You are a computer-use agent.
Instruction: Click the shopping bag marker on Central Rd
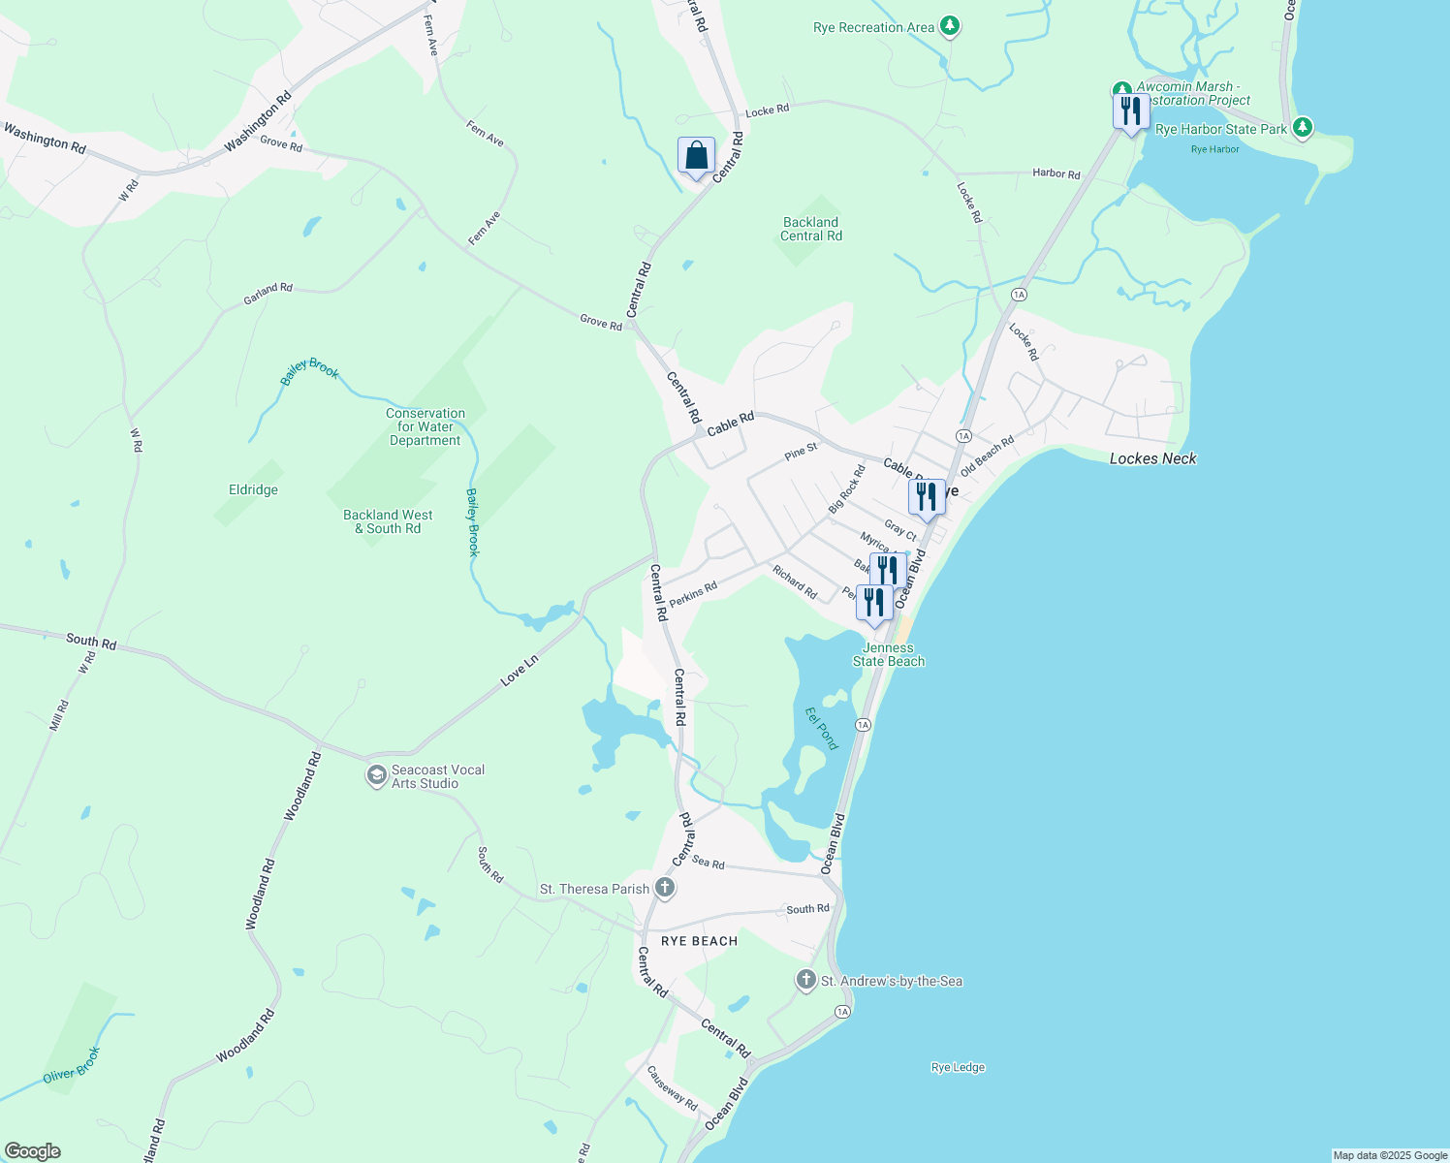pyautogui.click(x=696, y=156)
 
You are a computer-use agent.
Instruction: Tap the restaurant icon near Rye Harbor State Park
pyautogui.click(x=1130, y=111)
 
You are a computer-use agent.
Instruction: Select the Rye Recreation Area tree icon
pyautogui.click(x=951, y=26)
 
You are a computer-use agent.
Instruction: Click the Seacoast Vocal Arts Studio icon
pyautogui.click(x=376, y=776)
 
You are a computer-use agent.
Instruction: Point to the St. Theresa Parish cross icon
pyautogui.click(x=664, y=888)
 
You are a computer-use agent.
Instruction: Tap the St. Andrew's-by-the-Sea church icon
pyautogui.click(x=805, y=980)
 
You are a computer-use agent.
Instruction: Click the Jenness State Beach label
pyautogui.click(x=889, y=655)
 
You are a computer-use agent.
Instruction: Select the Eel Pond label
pyautogui.click(x=822, y=728)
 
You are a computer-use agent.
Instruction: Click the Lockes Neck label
pyautogui.click(x=1152, y=458)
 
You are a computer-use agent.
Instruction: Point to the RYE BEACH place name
pyautogui.click(x=699, y=941)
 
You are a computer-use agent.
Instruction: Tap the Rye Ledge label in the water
pyautogui.click(x=958, y=1067)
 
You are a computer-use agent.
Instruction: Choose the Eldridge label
pyautogui.click(x=253, y=489)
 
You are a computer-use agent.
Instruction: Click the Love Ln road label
pyautogui.click(x=520, y=671)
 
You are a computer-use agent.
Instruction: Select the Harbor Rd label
pyautogui.click(x=1056, y=173)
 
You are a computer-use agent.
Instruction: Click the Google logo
pyautogui.click(x=32, y=1151)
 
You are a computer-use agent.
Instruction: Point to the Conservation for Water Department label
pyautogui.click(x=426, y=426)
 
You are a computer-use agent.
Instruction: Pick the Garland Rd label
pyautogui.click(x=268, y=294)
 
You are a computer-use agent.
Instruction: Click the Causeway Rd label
pyautogui.click(x=672, y=1088)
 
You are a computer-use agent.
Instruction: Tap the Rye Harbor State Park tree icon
pyautogui.click(x=1304, y=127)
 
